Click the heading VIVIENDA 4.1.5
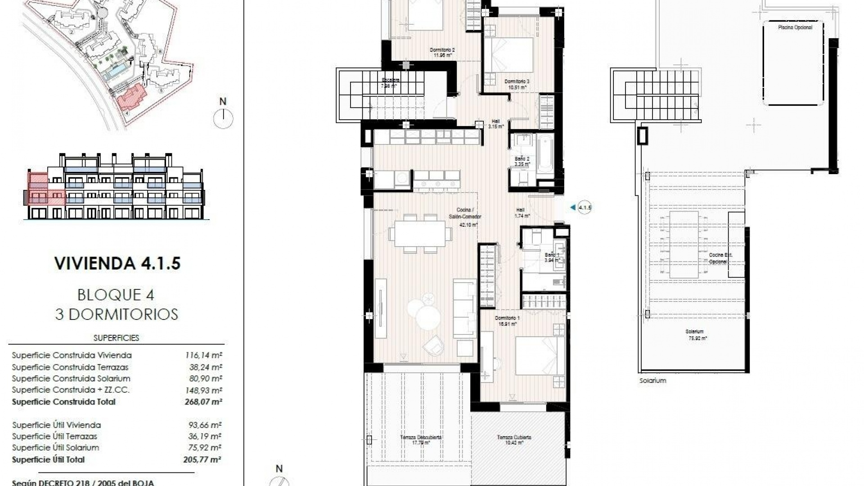117,263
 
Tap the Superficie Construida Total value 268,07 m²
204,402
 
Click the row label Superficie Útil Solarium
55,448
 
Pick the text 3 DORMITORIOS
117,314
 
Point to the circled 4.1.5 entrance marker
585,207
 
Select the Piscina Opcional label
795,27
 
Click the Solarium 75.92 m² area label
695,334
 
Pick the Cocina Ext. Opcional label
720,258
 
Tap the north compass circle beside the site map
223,119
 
